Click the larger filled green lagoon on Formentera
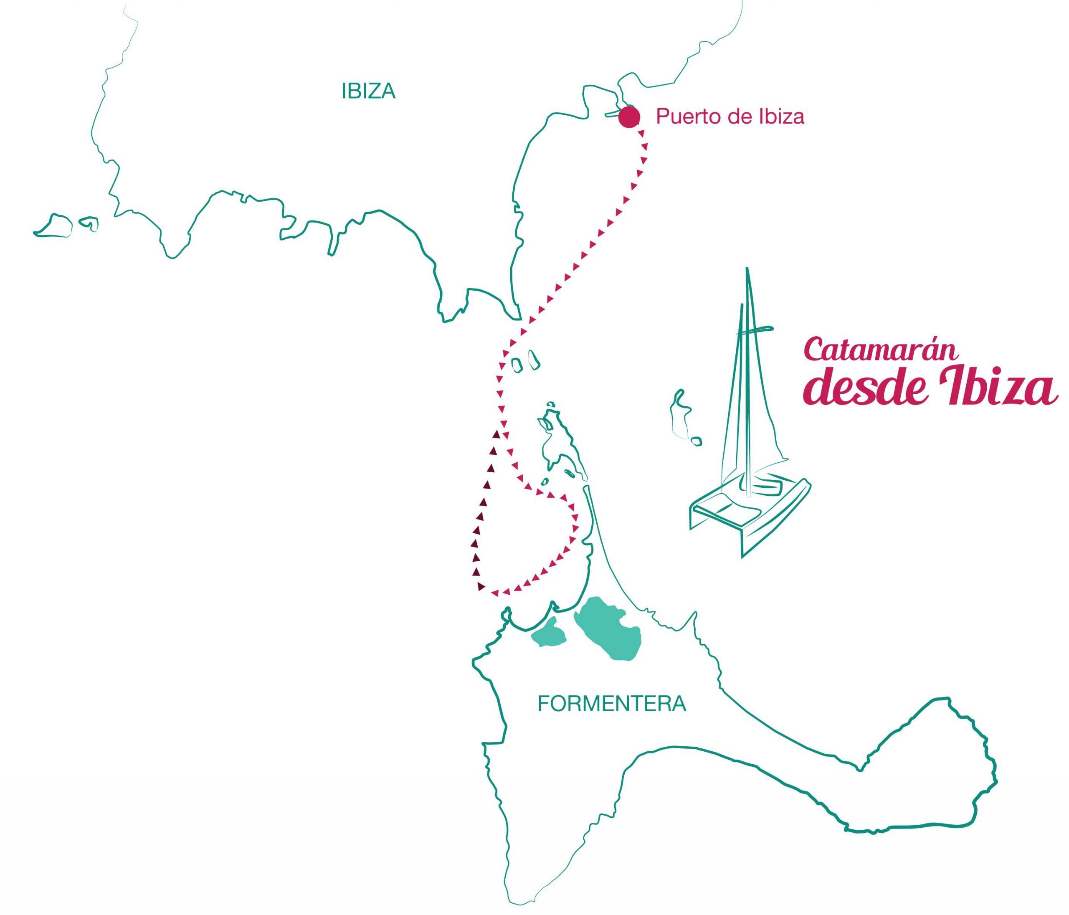pyautogui.click(x=607, y=629)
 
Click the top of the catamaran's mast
pyautogui.click(x=747, y=269)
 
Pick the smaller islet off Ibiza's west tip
pyautogui.click(x=89, y=223)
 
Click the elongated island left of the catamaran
pyautogui.click(x=679, y=413)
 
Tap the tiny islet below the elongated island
pyautogui.click(x=696, y=442)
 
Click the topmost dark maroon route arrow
pyautogui.click(x=496, y=435)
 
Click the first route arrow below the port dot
pyautogui.click(x=641, y=134)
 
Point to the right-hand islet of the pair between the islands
pyautogui.click(x=534, y=359)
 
